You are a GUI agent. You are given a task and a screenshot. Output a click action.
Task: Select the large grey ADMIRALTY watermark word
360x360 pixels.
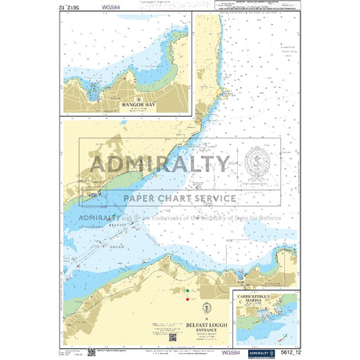(x=161, y=164)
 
